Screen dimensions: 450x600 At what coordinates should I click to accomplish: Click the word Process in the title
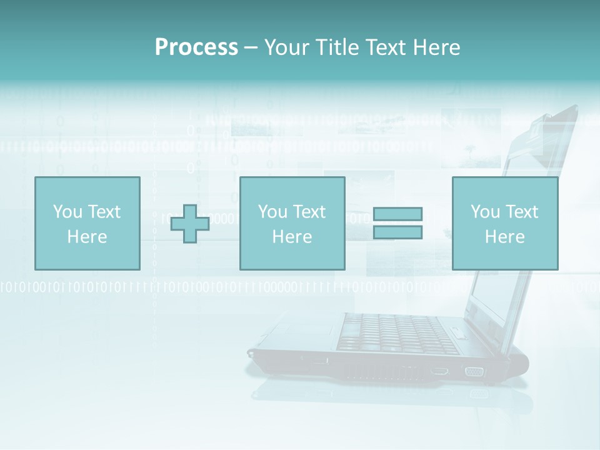[x=196, y=47]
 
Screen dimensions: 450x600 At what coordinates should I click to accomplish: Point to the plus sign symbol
[x=190, y=223]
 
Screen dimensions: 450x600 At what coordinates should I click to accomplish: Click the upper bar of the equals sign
[x=397, y=214]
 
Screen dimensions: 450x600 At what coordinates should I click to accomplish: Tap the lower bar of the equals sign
[x=397, y=232]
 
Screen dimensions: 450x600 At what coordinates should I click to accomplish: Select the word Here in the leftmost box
[x=87, y=237]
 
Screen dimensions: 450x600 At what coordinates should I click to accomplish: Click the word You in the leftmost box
[x=67, y=212]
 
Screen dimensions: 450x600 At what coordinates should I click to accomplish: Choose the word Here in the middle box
[x=292, y=237]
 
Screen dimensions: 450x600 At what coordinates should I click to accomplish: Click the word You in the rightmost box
[x=485, y=212]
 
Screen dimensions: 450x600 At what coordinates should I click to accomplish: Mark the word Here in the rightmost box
[x=504, y=237]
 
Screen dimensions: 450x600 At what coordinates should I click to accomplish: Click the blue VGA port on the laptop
[x=474, y=372]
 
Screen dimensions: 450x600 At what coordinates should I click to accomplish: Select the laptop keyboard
[x=400, y=331]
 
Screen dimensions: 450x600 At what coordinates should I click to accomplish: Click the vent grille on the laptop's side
[x=381, y=372]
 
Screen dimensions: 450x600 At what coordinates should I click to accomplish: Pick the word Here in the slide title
[x=437, y=47]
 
